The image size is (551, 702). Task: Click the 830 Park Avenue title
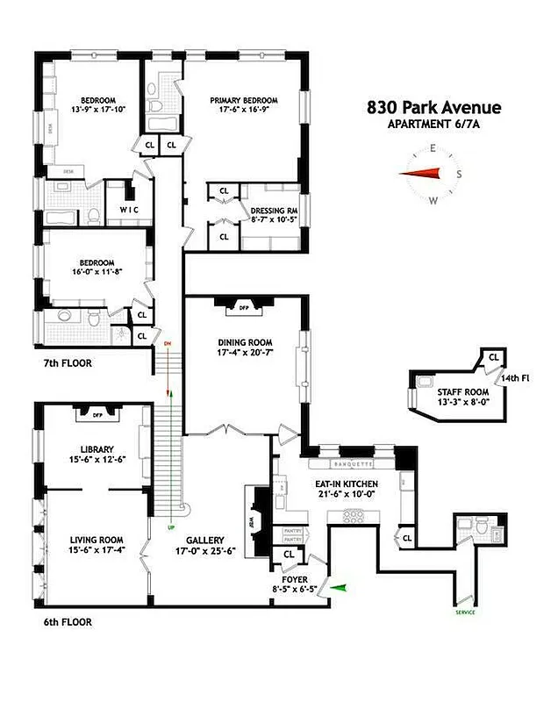[433, 108]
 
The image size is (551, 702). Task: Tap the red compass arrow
[419, 173]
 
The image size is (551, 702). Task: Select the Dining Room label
[245, 342]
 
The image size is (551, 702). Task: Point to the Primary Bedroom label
[243, 100]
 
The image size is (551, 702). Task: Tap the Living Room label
[96, 540]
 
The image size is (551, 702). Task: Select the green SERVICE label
[465, 612]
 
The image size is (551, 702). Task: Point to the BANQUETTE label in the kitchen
[348, 462]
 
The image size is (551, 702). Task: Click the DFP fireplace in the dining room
[243, 308]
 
